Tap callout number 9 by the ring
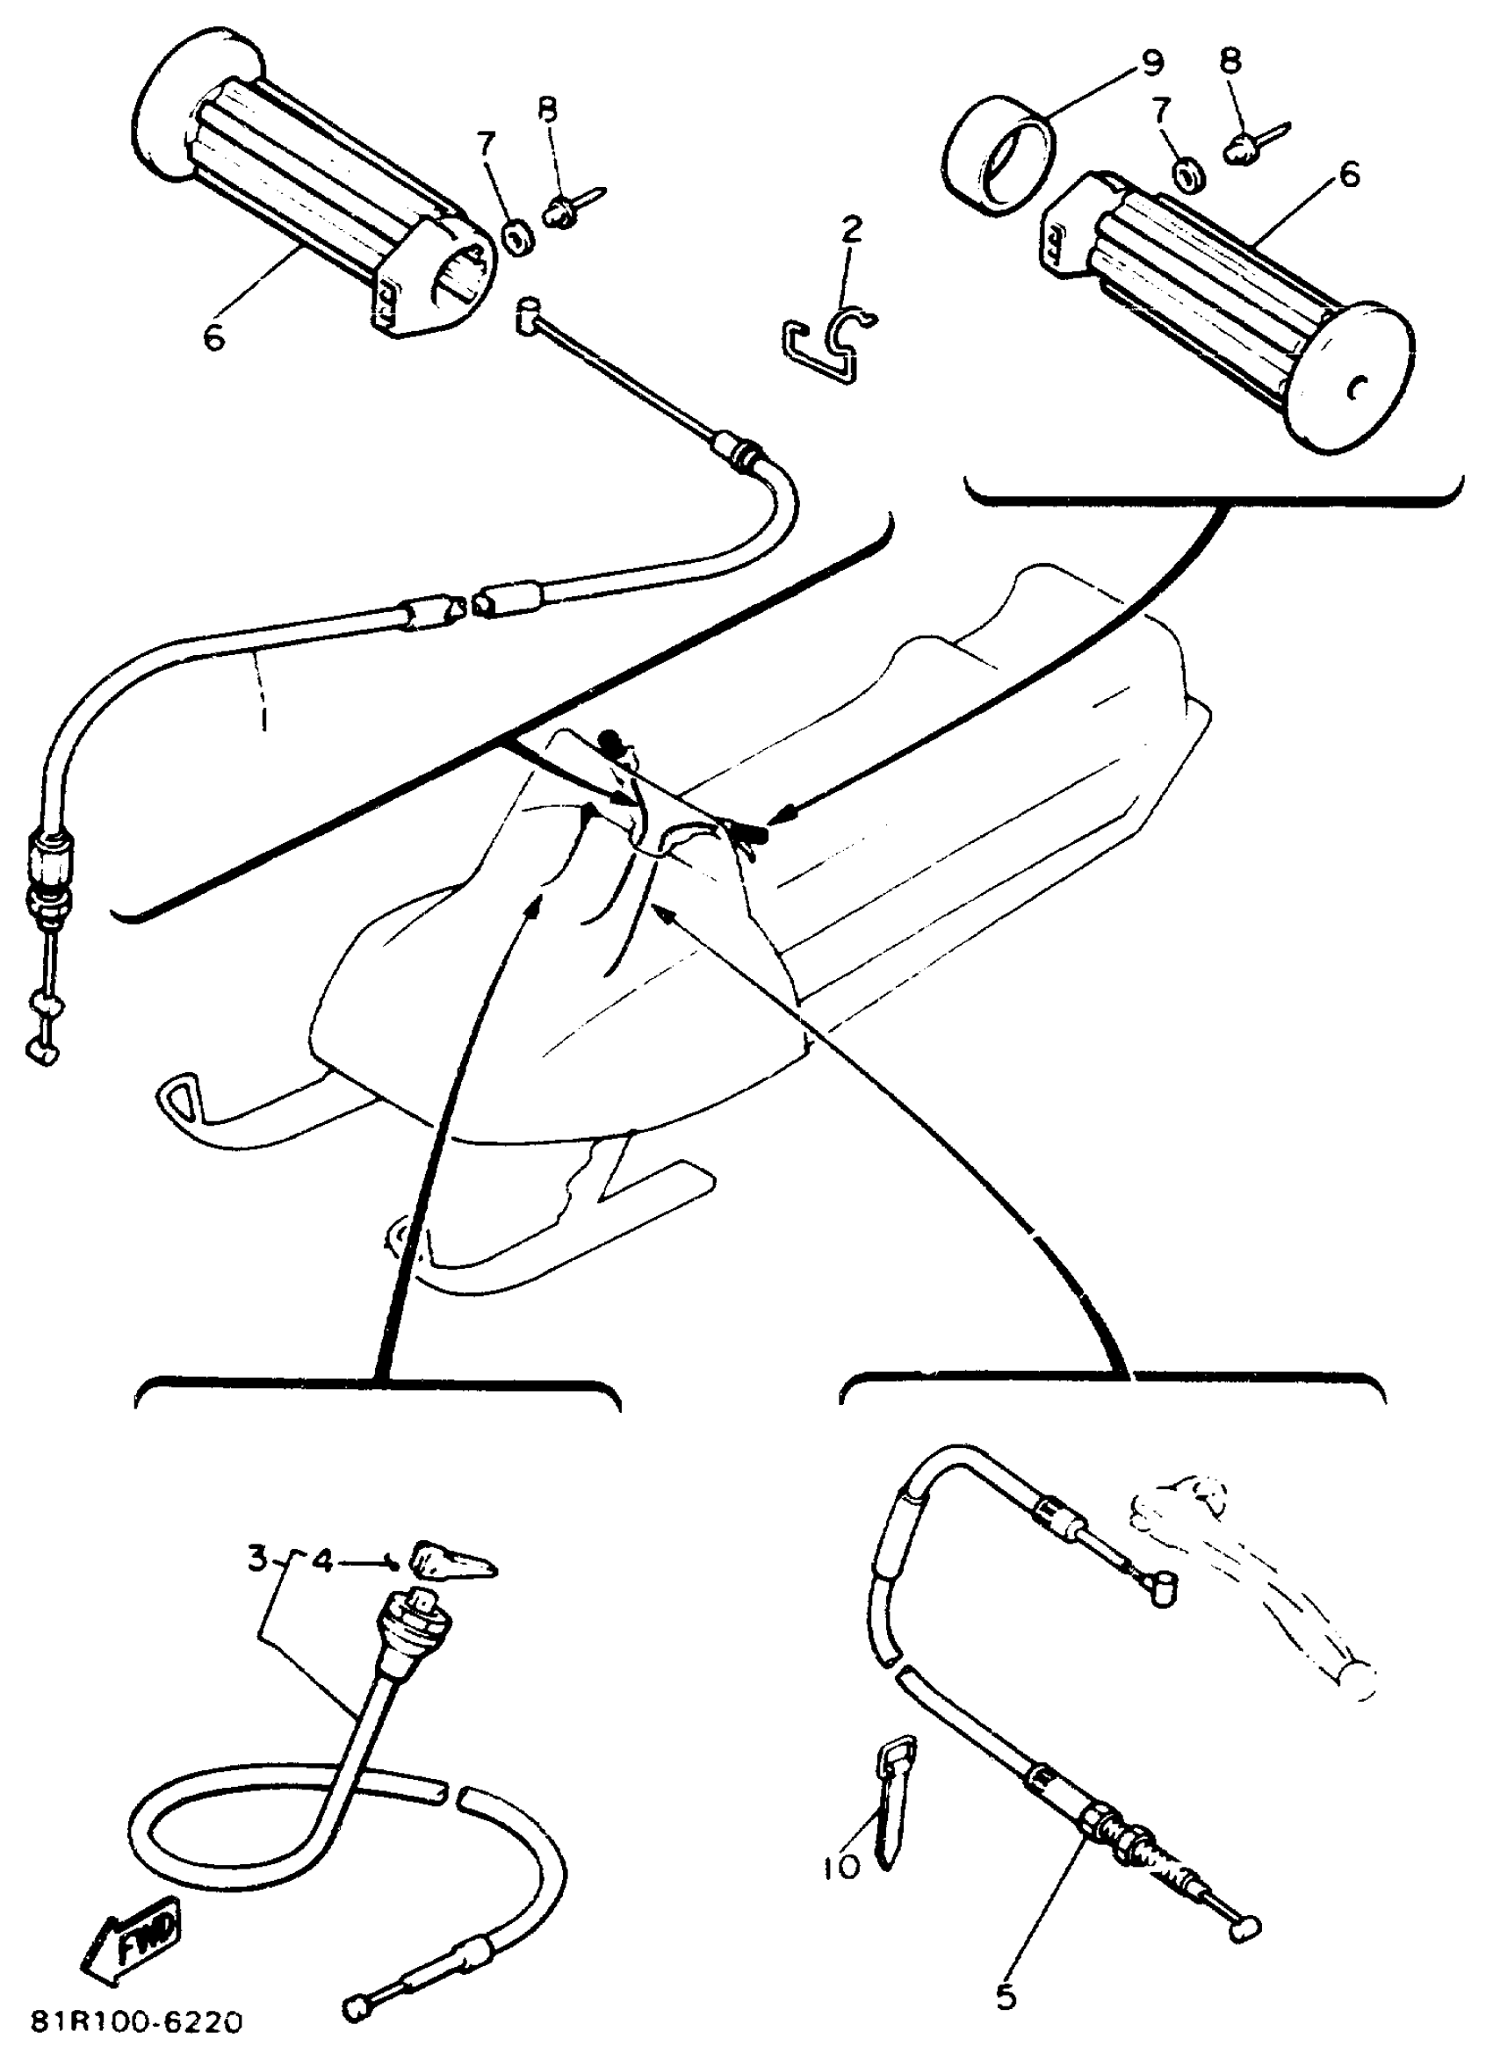(1150, 63)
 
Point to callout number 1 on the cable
(263, 720)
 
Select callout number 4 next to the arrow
(324, 1560)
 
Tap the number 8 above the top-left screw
(547, 112)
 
